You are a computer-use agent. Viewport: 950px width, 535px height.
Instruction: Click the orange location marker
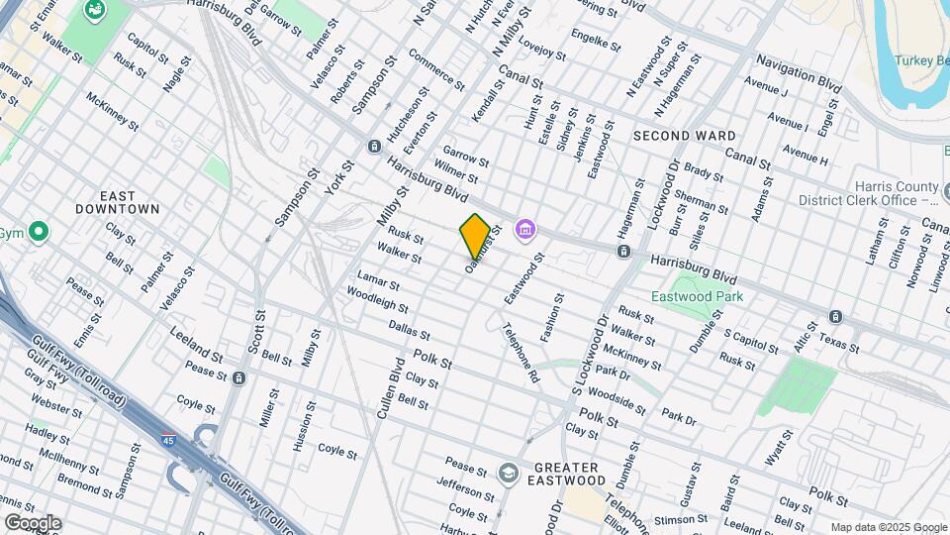pyautogui.click(x=475, y=236)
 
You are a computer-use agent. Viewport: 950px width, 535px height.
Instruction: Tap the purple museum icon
pyautogui.click(x=525, y=231)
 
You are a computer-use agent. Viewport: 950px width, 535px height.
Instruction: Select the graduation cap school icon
pyautogui.click(x=509, y=472)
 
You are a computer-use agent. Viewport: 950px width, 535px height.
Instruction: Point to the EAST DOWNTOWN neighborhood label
pyautogui.click(x=118, y=202)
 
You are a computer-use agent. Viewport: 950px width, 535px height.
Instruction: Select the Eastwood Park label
pyautogui.click(x=697, y=296)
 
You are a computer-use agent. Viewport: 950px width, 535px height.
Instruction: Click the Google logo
pyautogui.click(x=33, y=522)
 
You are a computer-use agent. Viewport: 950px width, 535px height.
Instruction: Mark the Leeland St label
pyautogui.click(x=196, y=343)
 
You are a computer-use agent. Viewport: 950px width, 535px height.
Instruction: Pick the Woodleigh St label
pyautogui.click(x=377, y=299)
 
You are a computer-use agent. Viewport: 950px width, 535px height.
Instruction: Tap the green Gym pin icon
pyautogui.click(x=39, y=234)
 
